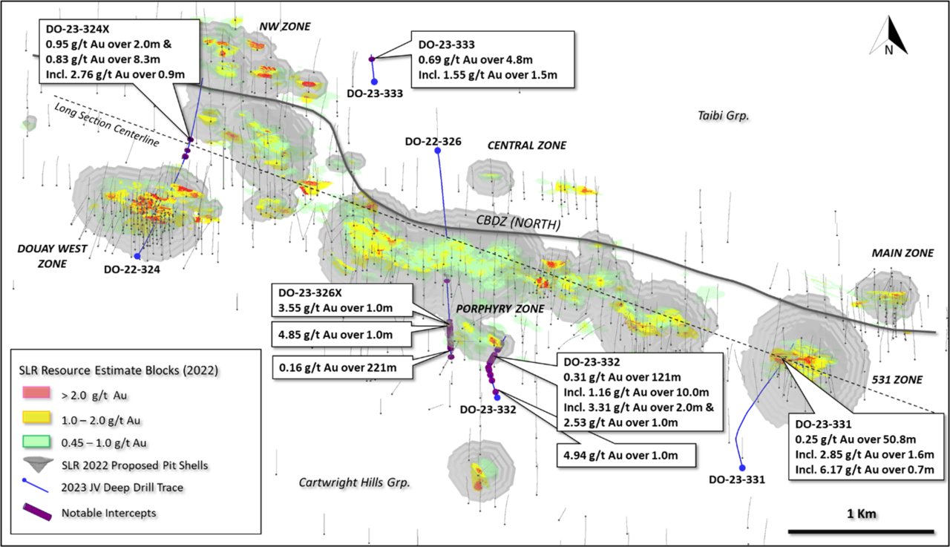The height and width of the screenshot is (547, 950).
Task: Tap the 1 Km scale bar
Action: click(860, 530)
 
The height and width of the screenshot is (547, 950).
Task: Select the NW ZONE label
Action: click(284, 27)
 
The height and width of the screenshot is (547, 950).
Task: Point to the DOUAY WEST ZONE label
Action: click(36, 257)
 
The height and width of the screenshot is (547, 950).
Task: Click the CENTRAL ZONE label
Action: click(526, 145)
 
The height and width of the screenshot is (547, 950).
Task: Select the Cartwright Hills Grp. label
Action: click(355, 482)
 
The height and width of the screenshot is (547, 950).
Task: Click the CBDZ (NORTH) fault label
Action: click(517, 223)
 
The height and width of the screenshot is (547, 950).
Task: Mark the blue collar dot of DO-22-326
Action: click(437, 151)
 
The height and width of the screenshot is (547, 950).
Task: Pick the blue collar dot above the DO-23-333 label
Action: click(375, 82)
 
